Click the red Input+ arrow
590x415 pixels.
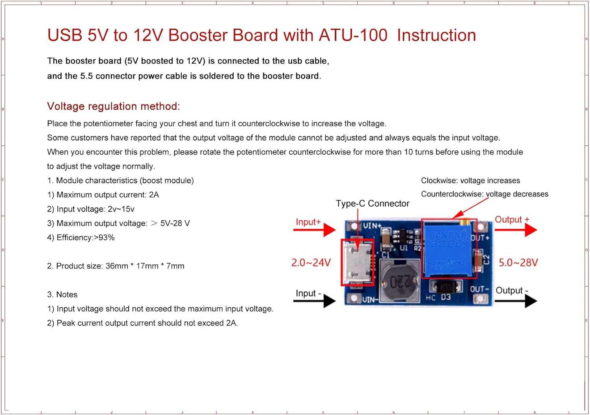click(315, 230)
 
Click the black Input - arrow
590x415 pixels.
click(315, 301)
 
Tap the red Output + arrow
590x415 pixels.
click(516, 230)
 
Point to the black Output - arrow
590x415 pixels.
click(516, 301)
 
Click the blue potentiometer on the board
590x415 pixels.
click(447, 249)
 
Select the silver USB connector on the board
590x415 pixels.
click(357, 263)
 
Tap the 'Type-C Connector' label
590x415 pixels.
click(372, 204)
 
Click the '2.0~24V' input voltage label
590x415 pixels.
click(311, 263)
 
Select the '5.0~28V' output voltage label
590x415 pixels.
click(518, 263)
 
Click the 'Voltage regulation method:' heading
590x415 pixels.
click(113, 106)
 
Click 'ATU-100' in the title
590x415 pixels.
click(353, 35)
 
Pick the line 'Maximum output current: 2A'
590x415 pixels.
click(107, 195)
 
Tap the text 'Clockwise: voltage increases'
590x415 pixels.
click(470, 181)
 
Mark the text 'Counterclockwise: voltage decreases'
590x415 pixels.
click(484, 194)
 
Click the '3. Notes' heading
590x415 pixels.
click(62, 295)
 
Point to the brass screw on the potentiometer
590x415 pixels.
click(465, 222)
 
